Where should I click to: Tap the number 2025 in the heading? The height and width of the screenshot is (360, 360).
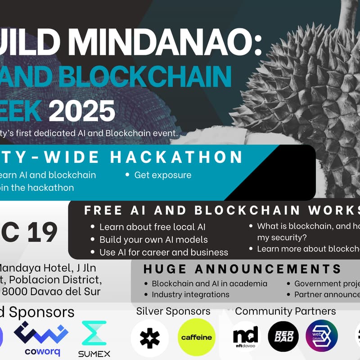point(81,111)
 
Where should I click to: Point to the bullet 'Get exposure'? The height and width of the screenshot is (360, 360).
point(162,175)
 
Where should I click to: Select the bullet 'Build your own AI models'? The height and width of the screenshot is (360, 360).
point(153,239)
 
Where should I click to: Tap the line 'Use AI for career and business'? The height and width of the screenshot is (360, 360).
point(163,252)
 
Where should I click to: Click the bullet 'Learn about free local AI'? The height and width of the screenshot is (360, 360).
point(152,227)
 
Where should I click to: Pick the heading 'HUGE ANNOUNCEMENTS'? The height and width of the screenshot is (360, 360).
point(242,269)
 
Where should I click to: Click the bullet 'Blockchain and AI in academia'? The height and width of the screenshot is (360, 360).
point(209,283)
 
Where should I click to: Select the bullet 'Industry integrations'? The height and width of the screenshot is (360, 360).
point(190,294)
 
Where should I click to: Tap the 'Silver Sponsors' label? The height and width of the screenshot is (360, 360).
point(173,311)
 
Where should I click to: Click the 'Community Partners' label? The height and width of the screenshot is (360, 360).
point(285,311)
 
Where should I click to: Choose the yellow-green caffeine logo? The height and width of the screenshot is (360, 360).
point(197,337)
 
